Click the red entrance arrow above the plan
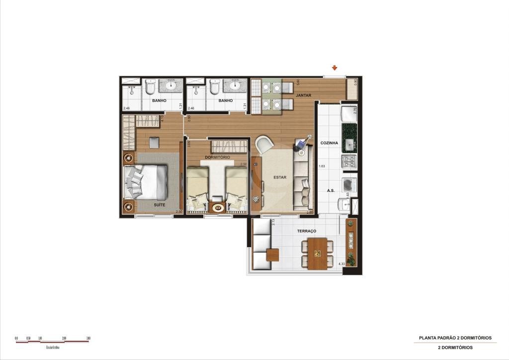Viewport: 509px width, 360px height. point(335,68)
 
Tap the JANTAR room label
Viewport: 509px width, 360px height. point(303,95)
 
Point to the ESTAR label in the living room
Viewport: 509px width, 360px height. point(279,177)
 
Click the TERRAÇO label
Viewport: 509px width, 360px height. point(307,231)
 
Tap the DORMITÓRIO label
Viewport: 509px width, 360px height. point(217,158)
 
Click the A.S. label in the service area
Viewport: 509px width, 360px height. point(330,190)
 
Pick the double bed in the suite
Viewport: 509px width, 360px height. point(146,182)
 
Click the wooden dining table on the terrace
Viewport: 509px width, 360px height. point(317,253)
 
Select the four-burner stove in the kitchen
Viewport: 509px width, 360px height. point(348,161)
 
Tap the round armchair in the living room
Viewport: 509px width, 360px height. point(264,144)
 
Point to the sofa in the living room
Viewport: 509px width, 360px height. point(303,181)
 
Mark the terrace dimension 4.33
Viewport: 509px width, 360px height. point(341,264)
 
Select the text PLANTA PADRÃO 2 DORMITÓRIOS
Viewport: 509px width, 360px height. point(455,338)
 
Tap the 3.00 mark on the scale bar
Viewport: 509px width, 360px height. point(88,338)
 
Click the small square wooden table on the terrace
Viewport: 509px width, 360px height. point(272,255)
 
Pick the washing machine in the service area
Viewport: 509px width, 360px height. point(349,185)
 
